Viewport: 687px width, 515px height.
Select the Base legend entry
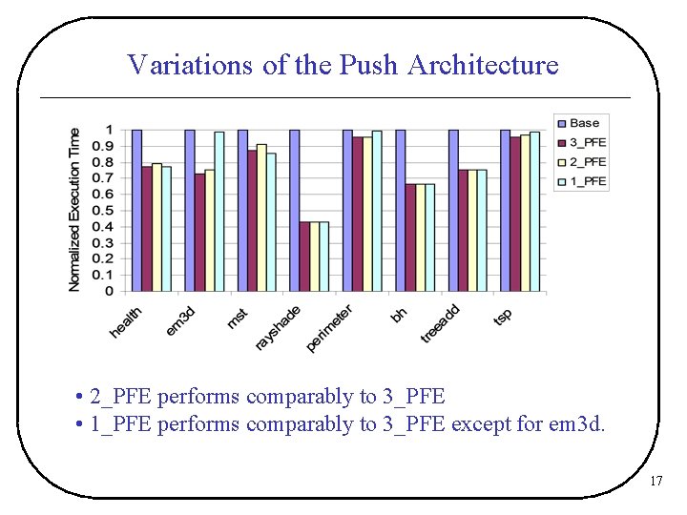click(583, 123)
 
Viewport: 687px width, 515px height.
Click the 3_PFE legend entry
click(587, 142)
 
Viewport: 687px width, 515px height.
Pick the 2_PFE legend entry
click(587, 162)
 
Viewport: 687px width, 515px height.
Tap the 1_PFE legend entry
click(587, 181)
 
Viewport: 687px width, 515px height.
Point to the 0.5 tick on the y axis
click(110, 210)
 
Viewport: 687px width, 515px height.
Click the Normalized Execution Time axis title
click(74, 210)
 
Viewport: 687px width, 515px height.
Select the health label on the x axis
click(126, 321)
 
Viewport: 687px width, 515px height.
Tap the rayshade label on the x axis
click(278, 327)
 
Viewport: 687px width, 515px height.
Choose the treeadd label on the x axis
click(440, 324)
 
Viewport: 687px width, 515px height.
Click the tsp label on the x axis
click(502, 316)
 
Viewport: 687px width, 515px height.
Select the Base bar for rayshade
click(294, 210)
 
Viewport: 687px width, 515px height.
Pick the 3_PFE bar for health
click(147, 229)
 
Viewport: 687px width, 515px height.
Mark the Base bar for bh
click(400, 210)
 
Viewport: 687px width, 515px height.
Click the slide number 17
click(656, 482)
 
